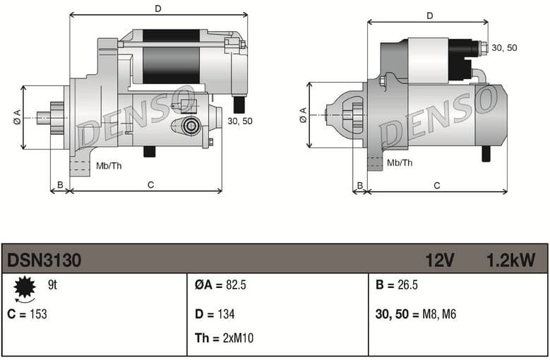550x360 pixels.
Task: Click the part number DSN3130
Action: (x=44, y=260)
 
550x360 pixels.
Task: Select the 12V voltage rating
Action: (x=439, y=260)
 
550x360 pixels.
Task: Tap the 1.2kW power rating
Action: (x=510, y=260)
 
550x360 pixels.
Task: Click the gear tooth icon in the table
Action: (x=25, y=287)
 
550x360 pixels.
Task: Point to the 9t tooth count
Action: (x=52, y=285)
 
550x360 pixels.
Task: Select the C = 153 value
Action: (x=27, y=314)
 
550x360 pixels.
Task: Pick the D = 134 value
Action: (x=215, y=314)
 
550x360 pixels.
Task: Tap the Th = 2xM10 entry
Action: (x=224, y=338)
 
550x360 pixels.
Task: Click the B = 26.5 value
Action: (x=397, y=285)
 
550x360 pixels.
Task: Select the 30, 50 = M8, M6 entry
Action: (x=416, y=314)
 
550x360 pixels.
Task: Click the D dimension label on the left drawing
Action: (x=158, y=8)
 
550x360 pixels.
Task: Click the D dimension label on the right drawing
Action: (x=429, y=16)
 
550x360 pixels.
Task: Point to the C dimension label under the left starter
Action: (x=150, y=185)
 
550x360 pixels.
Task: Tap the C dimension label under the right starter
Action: (x=437, y=185)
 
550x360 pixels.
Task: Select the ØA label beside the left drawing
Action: (x=17, y=118)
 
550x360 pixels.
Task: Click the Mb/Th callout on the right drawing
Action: (x=400, y=163)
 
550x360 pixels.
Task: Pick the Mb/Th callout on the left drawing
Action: (x=109, y=167)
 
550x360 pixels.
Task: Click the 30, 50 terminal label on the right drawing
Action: (x=504, y=47)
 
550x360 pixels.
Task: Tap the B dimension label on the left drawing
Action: (x=60, y=185)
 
